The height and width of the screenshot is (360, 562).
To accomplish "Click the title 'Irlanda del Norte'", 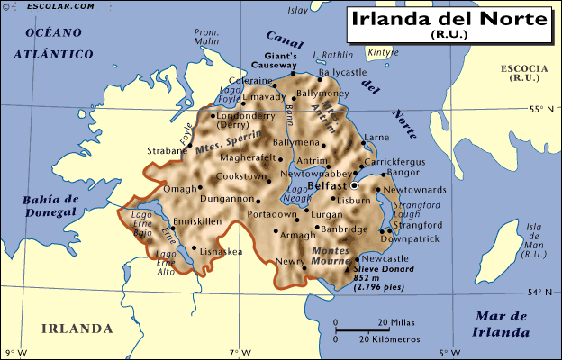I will pyautogui.click(x=447, y=19).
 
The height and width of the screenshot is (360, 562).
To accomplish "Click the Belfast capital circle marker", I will pyautogui.click(x=354, y=185).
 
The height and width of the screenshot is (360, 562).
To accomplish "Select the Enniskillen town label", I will pyautogui.click(x=196, y=220).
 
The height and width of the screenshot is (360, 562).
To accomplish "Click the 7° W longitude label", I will pyautogui.click(x=239, y=351).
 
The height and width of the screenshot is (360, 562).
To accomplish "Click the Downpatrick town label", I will pyautogui.click(x=410, y=239).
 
